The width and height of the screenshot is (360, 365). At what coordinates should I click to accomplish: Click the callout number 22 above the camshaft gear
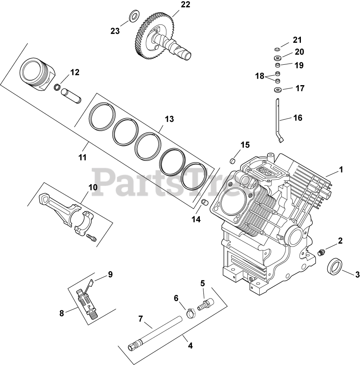pyautogui.click(x=174, y=5)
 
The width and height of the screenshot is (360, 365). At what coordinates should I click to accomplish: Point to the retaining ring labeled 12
pyautogui.click(x=57, y=87)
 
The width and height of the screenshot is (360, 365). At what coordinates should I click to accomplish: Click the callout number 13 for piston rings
pyautogui.click(x=169, y=119)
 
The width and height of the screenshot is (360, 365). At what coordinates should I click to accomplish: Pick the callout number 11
pyautogui.click(x=82, y=157)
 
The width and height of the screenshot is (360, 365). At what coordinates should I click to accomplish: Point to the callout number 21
pyautogui.click(x=296, y=40)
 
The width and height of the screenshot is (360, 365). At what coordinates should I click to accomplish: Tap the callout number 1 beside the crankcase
pyautogui.click(x=341, y=169)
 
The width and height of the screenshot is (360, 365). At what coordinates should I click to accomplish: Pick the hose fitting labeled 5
pyautogui.click(x=204, y=303)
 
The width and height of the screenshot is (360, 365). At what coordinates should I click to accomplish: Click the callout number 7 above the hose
pyautogui.click(x=141, y=319)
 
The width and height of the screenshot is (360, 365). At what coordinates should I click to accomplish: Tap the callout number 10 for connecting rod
pyautogui.click(x=93, y=188)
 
